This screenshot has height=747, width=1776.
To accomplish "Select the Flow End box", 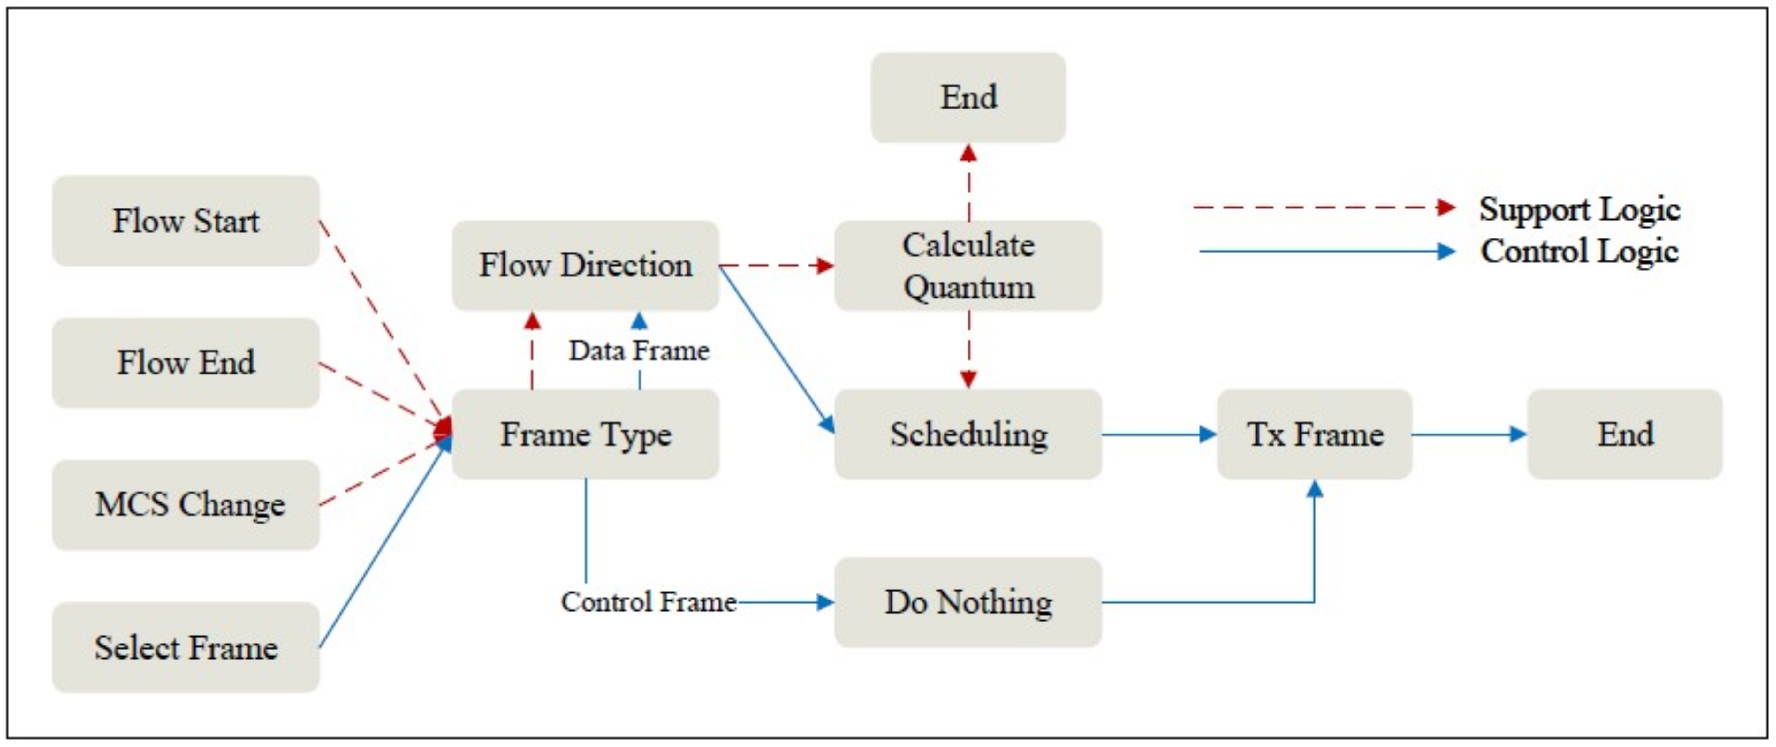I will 186,362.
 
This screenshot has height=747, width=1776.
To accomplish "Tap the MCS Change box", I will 186,504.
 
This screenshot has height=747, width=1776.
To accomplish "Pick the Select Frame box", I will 186,647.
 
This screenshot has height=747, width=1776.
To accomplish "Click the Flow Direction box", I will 585,265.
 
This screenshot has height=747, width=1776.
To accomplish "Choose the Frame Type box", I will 585,434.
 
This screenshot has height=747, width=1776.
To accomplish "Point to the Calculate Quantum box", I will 968,265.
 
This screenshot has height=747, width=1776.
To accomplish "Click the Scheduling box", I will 968,434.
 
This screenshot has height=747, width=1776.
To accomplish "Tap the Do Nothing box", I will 968,602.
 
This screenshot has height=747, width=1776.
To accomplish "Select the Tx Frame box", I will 1314,434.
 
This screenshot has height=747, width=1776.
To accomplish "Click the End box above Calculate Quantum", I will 968,97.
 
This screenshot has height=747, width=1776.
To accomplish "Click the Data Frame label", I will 639,351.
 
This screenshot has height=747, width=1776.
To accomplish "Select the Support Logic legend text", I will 1579,209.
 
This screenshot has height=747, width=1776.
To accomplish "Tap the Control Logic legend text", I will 1579,251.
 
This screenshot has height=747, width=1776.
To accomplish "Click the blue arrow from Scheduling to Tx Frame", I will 1158,434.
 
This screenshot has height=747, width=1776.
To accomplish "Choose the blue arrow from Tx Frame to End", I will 1469,434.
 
